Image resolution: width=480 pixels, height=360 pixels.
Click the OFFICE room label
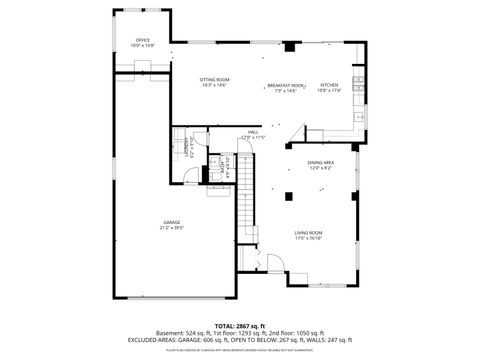(x=143, y=40)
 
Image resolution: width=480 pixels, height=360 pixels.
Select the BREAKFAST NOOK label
(x=286, y=86)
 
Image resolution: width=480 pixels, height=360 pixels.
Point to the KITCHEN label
(x=330, y=86)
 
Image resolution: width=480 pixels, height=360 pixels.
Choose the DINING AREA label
(x=320, y=162)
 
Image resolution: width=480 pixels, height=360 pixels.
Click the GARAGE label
(x=172, y=222)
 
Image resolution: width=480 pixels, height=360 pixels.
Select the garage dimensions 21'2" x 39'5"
(x=172, y=228)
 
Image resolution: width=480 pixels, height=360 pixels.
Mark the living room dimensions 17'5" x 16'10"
(x=308, y=238)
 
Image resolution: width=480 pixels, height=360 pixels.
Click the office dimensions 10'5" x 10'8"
(x=143, y=46)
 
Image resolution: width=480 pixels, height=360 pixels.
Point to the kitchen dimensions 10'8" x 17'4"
(x=330, y=91)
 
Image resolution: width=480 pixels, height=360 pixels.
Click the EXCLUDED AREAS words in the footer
(x=148, y=340)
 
